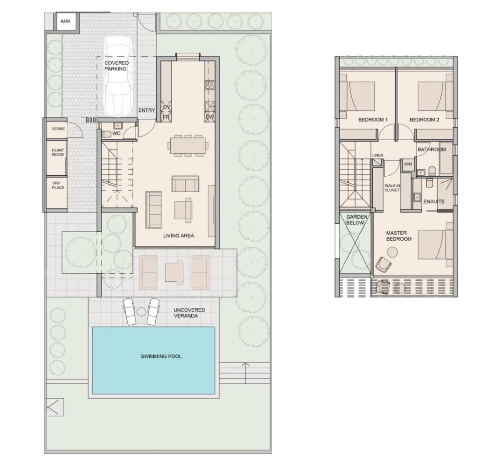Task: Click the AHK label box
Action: pos(65,21)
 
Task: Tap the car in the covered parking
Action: pos(118,76)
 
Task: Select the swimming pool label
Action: pos(161,357)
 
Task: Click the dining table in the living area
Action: pos(188,145)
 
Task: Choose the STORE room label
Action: pos(58,129)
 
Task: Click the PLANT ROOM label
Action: pos(58,152)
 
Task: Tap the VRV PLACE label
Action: pos(58,185)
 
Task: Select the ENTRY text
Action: pos(146,110)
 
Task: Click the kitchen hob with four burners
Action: pos(210,85)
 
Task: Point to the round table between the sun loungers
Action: pos(141,312)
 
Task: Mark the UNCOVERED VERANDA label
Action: pos(189,313)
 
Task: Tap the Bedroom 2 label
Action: pos(424,120)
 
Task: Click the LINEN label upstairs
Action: pos(377,155)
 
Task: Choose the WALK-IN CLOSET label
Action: pos(392,188)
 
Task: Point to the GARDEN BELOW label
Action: pos(356,220)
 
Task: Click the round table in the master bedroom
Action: pos(392,252)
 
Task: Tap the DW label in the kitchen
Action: pos(210,117)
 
